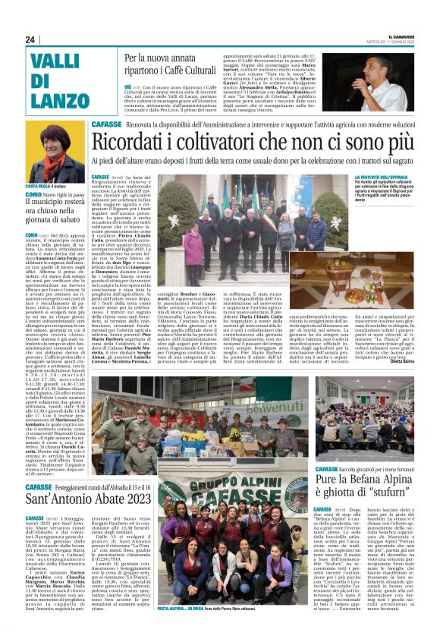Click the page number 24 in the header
[30, 39]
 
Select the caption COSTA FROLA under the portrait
[40, 187]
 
